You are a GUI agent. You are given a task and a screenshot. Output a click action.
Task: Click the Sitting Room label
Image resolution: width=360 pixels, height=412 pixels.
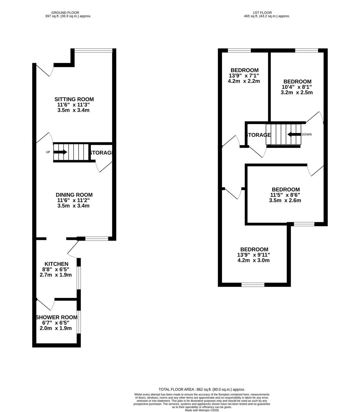click(74, 99)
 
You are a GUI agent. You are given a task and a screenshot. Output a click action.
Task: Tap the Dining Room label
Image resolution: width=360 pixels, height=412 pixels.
click(74, 195)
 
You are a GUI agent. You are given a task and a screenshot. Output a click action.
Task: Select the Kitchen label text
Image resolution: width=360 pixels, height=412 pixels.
click(56, 264)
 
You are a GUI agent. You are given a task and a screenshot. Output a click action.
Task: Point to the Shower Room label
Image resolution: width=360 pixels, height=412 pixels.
click(56, 317)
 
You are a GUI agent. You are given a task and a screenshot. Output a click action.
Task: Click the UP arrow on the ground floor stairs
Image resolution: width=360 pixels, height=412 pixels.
click(60, 152)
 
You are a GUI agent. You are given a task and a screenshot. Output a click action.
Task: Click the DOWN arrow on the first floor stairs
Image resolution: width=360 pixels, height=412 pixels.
click(294, 134)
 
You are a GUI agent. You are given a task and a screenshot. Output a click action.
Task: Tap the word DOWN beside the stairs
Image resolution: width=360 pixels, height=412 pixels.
click(307, 134)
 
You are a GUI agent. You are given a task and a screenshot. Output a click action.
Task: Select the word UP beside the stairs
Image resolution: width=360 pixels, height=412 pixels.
click(48, 152)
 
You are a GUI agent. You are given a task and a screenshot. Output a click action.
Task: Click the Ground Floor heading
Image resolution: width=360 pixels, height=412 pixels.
click(65, 13)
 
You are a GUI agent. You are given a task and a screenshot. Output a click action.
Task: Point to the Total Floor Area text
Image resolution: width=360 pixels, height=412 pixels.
click(202, 389)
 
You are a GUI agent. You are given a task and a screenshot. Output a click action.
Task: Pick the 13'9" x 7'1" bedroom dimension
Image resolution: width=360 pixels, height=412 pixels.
click(244, 76)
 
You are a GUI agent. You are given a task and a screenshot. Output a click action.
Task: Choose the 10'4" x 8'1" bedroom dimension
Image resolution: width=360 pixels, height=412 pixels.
click(297, 87)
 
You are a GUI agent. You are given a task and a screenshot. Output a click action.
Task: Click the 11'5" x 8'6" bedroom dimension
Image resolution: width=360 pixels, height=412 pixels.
click(285, 195)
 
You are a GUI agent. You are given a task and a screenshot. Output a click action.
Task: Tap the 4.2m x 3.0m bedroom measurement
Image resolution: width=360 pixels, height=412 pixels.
click(253, 260)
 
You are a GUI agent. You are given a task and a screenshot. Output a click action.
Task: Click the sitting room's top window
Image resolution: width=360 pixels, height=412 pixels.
click(93, 50)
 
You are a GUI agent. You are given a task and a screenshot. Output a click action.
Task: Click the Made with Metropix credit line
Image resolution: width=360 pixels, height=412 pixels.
click(202, 410)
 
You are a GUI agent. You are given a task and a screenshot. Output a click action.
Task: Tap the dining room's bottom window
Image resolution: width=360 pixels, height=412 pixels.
click(97, 239)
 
